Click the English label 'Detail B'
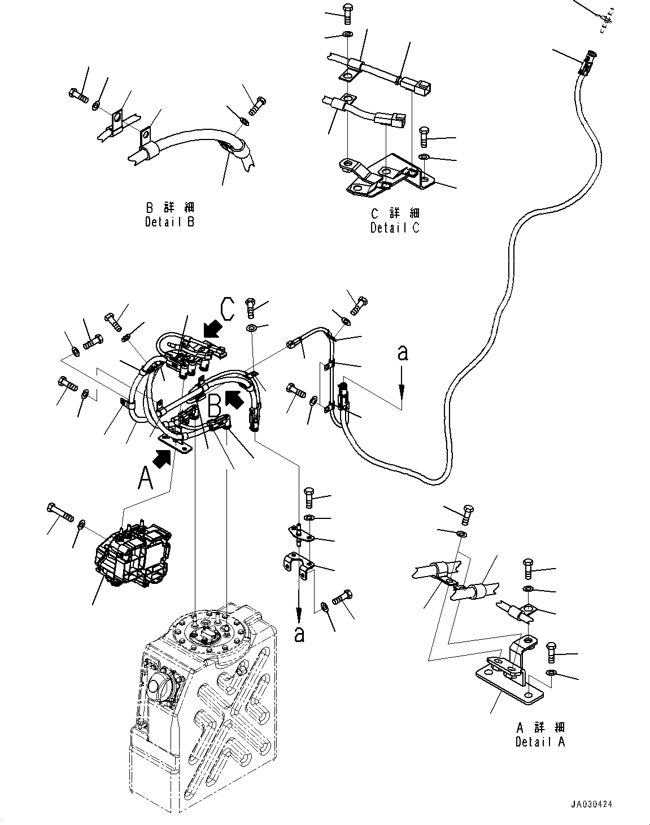(x=169, y=222)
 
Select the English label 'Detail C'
(x=395, y=228)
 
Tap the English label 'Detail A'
(x=540, y=742)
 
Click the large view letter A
(x=146, y=479)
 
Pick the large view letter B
(x=215, y=405)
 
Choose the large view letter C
(x=227, y=309)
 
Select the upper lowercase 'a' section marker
(x=402, y=353)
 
